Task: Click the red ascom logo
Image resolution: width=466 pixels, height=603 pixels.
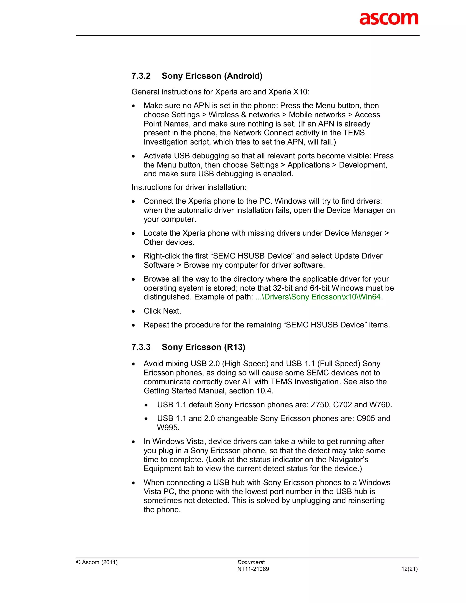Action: tap(389, 19)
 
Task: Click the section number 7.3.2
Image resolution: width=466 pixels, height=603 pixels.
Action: tap(141, 76)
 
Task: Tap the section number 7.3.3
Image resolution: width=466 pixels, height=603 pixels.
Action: tap(141, 347)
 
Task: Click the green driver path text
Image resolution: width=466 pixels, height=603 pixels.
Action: tap(318, 297)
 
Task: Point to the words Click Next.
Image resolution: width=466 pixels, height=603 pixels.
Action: tap(162, 311)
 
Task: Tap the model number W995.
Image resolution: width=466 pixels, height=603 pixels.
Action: tap(168, 428)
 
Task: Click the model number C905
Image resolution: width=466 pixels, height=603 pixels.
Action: tap(365, 418)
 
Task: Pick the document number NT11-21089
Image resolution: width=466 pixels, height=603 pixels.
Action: tap(253, 569)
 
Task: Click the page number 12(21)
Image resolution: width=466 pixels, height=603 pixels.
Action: tap(409, 569)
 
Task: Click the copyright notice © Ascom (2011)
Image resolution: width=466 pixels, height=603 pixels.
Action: tap(97, 562)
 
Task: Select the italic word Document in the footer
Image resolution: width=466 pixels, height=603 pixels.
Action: tap(250, 562)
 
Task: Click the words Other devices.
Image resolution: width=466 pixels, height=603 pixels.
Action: tap(169, 242)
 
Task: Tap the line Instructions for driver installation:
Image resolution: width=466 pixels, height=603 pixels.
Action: tap(189, 187)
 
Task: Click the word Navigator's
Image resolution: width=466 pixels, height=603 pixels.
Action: tap(348, 460)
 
